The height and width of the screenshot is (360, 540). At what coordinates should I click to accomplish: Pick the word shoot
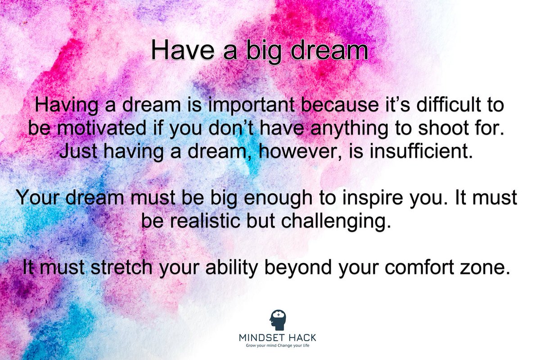[x=438, y=129]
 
